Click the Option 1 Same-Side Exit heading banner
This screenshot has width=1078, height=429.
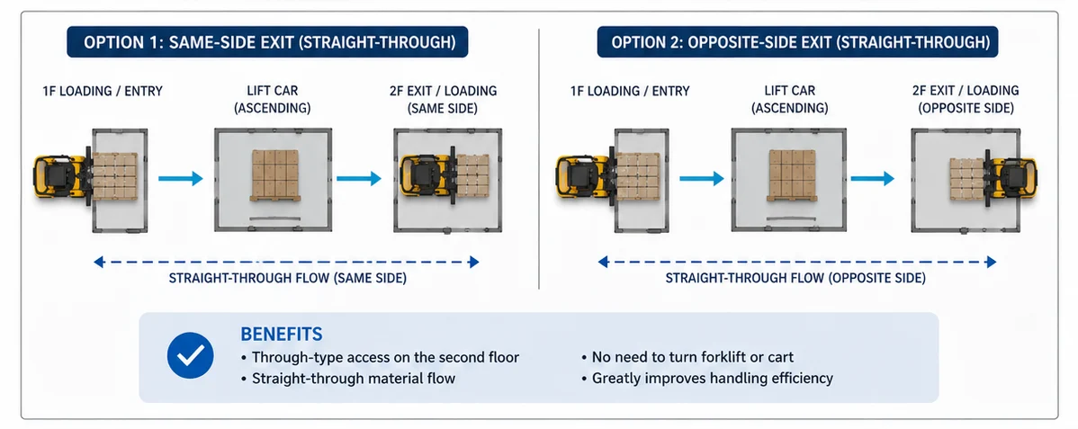pos(267,42)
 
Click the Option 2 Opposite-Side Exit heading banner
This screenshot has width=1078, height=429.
pos(797,42)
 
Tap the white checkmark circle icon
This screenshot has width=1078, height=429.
pos(191,355)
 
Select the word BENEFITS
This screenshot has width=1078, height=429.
pos(281,335)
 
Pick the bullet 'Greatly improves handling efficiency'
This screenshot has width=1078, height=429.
pos(706,378)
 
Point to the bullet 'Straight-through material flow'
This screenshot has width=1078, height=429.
pos(348,378)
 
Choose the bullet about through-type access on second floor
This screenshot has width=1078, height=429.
pos(380,358)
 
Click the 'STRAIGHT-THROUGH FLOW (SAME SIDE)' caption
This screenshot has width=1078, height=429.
pos(287,279)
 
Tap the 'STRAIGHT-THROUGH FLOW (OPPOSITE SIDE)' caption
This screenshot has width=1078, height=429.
pos(795,279)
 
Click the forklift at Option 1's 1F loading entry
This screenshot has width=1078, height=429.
pos(62,176)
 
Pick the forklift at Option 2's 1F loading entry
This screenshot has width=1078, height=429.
pos(585,176)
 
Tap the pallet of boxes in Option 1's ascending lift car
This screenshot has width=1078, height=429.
pos(275,175)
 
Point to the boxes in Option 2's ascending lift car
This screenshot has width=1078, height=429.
pos(792,175)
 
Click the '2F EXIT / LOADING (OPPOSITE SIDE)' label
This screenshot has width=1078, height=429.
pos(966,99)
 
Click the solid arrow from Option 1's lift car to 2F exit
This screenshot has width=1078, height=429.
pos(358,178)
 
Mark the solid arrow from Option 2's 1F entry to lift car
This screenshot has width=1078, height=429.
pos(702,178)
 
